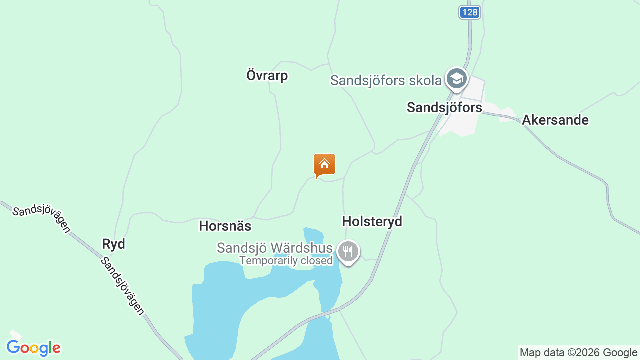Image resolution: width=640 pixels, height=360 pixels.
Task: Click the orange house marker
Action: (324, 165)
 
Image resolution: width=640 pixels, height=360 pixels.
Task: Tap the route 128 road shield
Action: (470, 12)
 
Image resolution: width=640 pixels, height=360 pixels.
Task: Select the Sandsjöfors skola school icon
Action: (456, 79)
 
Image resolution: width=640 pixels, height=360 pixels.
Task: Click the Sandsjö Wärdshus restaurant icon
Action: (348, 251)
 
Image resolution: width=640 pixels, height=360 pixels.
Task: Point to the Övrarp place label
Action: (267, 76)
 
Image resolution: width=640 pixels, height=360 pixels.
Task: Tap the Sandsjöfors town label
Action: (444, 107)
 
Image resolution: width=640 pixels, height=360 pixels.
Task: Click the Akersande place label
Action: (555, 120)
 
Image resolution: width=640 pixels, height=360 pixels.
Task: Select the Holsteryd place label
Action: (372, 221)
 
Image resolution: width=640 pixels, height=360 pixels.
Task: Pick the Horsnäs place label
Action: (225, 226)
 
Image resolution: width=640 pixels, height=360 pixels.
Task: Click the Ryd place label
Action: (113, 244)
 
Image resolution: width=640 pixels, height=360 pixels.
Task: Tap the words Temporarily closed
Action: (286, 260)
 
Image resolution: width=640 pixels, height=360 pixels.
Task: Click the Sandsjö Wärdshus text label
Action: (274, 248)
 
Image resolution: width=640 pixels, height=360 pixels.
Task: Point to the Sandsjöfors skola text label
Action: (386, 80)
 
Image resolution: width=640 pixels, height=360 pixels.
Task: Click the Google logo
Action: (33, 348)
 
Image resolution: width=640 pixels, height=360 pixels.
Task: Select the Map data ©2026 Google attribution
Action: (578, 353)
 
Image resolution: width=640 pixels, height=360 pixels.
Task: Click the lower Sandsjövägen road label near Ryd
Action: (122, 286)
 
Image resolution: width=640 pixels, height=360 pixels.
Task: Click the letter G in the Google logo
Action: (13, 347)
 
